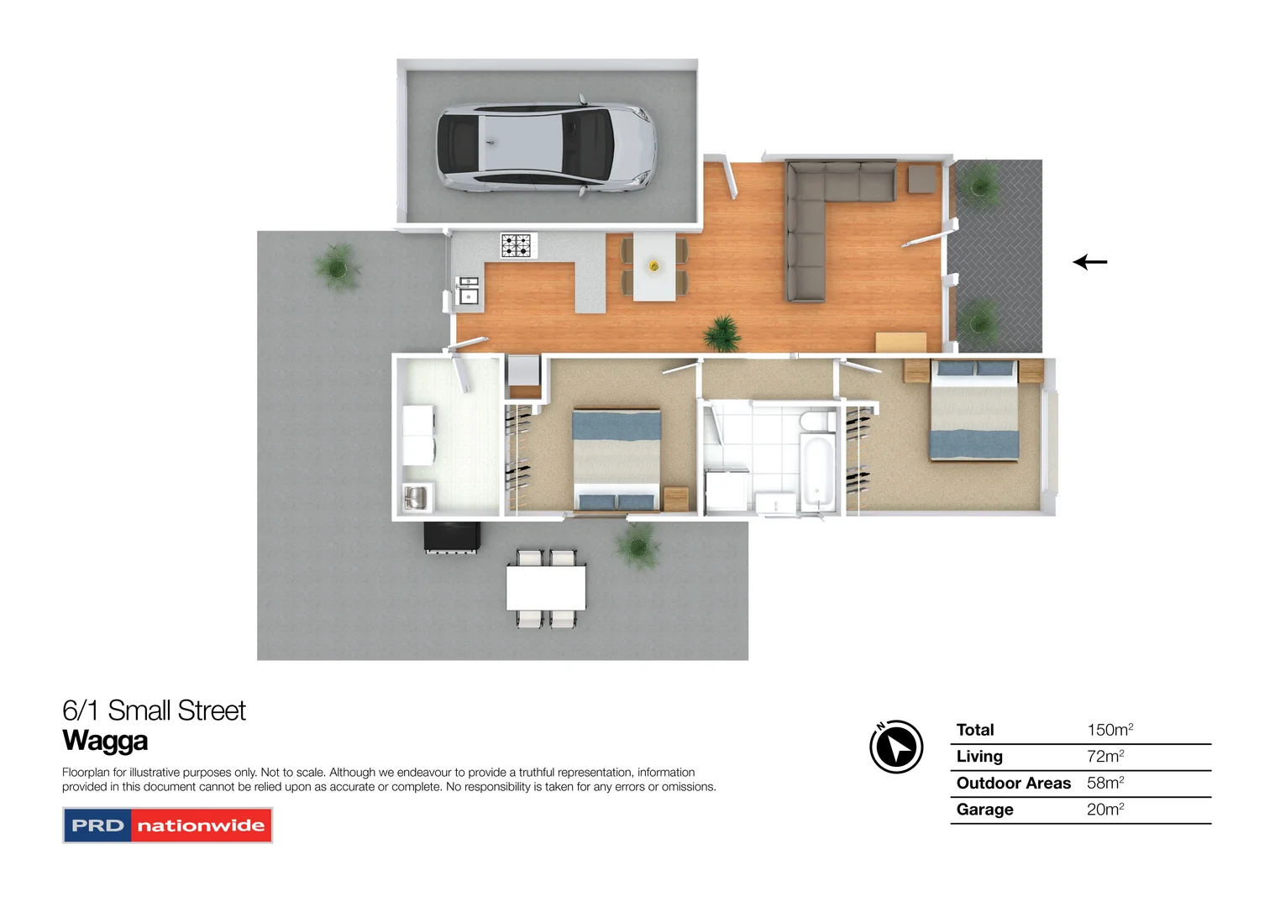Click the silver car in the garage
point(544,147)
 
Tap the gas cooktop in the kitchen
point(517,245)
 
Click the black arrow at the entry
point(1090,262)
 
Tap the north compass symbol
point(896,746)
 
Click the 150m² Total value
point(1110,730)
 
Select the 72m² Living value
point(1105,756)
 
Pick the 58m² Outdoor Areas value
point(1105,783)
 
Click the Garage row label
point(984,810)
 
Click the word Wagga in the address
point(105,741)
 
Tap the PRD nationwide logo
point(167,826)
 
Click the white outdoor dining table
point(545,588)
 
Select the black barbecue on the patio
point(452,537)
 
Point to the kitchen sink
point(467,291)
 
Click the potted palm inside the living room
point(721,333)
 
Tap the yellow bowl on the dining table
point(654,266)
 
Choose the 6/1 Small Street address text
point(154,710)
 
